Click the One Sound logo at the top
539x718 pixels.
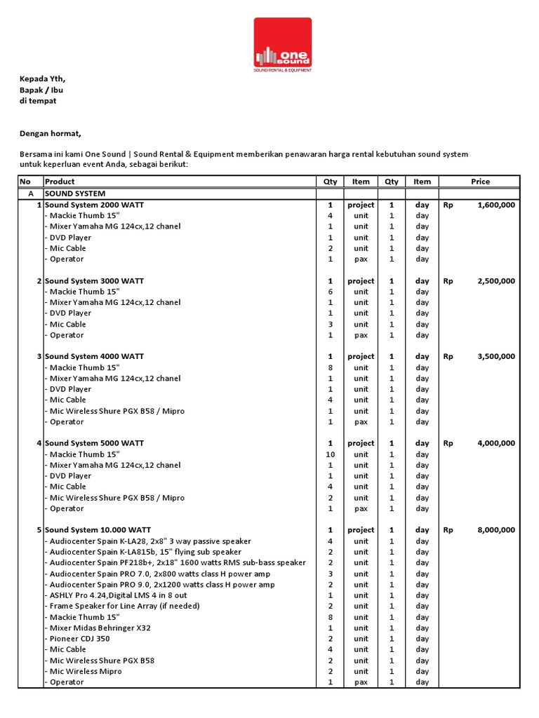[283, 46]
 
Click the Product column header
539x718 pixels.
[60, 182]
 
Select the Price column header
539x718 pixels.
[480, 182]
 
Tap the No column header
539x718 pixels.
[25, 182]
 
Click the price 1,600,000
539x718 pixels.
[495, 205]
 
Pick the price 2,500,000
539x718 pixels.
[495, 281]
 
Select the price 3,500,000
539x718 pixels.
[495, 357]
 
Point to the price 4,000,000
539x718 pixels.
[495, 443]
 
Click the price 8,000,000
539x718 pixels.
[495, 530]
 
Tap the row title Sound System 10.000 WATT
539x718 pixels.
[98, 530]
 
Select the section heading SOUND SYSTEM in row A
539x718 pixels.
[75, 193]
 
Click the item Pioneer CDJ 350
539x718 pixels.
[77, 639]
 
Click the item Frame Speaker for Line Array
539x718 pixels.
[122, 606]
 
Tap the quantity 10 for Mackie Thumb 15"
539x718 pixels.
[330, 454]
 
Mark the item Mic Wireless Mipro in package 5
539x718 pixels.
[83, 671]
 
